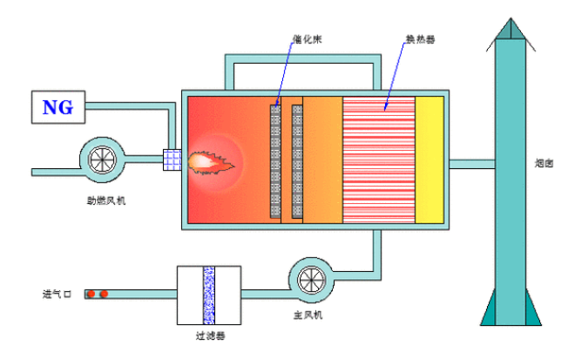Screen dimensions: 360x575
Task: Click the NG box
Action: (58, 107)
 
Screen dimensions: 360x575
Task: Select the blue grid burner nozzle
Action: (172, 161)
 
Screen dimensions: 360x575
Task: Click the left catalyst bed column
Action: (275, 161)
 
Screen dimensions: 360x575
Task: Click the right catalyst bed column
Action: (297, 161)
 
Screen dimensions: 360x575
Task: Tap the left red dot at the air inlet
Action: (92, 294)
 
